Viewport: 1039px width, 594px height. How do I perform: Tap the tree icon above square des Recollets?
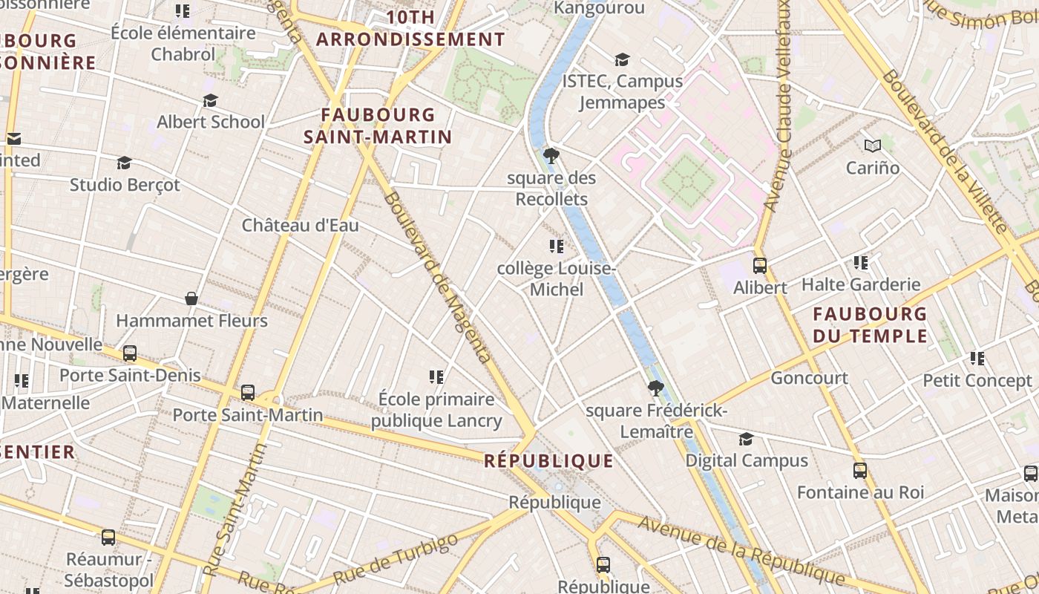click(x=551, y=156)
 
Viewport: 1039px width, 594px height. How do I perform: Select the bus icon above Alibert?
click(x=759, y=266)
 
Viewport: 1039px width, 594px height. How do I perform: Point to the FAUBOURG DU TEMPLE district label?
click(x=870, y=325)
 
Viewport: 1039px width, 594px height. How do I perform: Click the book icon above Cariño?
click(x=872, y=146)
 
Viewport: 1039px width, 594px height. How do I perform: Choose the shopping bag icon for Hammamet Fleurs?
click(x=191, y=298)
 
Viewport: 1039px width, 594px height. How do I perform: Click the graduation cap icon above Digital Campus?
click(x=746, y=439)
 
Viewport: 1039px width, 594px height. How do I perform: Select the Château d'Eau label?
click(x=300, y=225)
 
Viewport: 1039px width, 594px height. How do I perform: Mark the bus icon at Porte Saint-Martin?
click(x=248, y=392)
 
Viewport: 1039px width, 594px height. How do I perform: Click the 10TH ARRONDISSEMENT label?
click(x=410, y=28)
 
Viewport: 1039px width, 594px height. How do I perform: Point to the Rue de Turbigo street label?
click(x=395, y=559)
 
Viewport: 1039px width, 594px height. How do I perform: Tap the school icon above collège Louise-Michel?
click(x=556, y=247)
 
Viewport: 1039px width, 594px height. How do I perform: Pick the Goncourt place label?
click(x=809, y=378)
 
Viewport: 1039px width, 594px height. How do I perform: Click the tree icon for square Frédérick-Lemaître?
click(x=655, y=388)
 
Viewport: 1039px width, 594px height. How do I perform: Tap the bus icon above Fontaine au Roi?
click(x=859, y=471)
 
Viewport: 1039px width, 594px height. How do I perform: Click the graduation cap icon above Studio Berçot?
click(x=124, y=163)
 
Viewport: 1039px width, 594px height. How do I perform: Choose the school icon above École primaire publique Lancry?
click(x=436, y=377)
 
